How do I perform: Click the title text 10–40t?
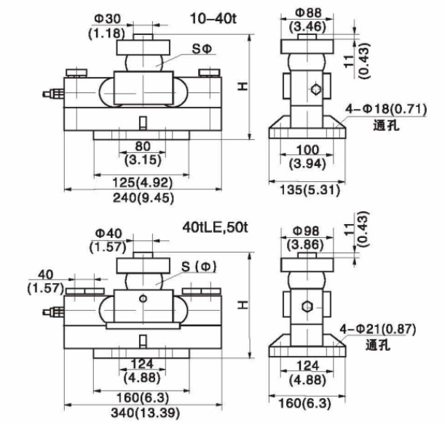click(x=213, y=19)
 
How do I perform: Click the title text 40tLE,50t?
click(x=215, y=227)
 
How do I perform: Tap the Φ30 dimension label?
click(x=108, y=19)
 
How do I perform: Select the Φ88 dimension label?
click(x=309, y=12)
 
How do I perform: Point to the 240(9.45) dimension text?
click(x=143, y=198)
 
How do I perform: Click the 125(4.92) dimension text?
click(x=143, y=183)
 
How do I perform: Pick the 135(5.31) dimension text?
click(x=310, y=189)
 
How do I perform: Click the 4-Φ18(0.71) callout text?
click(x=386, y=109)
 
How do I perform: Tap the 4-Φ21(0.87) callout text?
click(x=378, y=329)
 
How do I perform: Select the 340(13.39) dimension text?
click(x=146, y=413)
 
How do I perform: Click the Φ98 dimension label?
click(x=307, y=231)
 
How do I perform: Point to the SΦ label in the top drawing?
click(x=202, y=49)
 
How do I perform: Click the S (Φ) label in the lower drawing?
click(x=199, y=266)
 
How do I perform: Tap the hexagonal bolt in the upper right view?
click(x=315, y=90)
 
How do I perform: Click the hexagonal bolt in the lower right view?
click(x=307, y=306)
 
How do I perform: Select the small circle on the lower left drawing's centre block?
click(x=143, y=298)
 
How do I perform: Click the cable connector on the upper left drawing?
click(x=53, y=94)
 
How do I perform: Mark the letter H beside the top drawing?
click(x=243, y=87)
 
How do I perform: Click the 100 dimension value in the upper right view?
click(x=307, y=150)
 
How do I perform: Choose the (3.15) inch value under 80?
click(x=143, y=160)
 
